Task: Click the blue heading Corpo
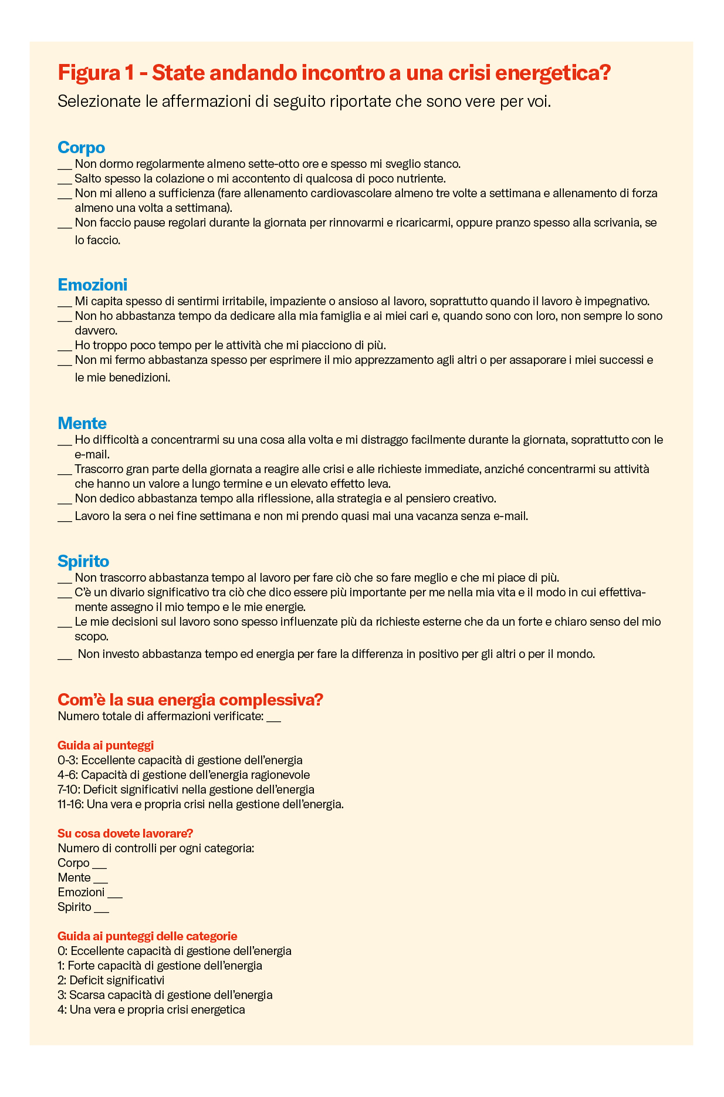pos(81,147)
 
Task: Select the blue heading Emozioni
pos(92,285)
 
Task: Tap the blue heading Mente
pos(82,423)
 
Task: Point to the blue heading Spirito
pos(83,561)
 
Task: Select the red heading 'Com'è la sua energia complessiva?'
pos(190,700)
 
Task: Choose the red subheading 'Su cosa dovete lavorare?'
pos(126,833)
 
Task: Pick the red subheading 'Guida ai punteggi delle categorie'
pos(147,936)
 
